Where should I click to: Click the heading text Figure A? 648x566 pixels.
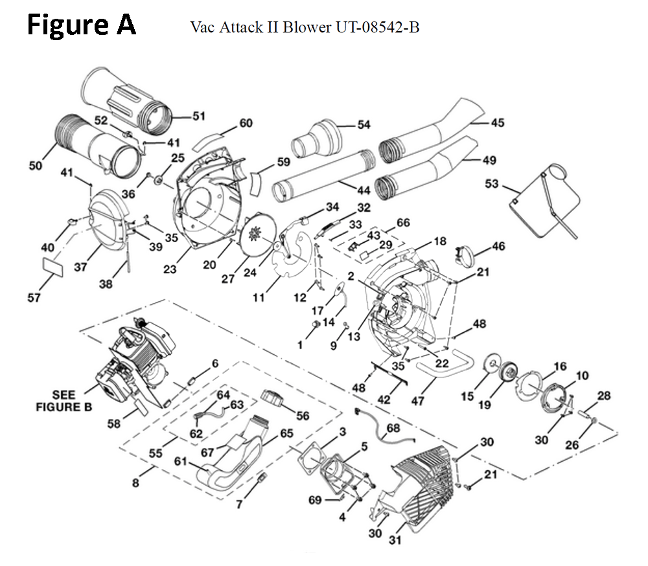pyautogui.click(x=82, y=25)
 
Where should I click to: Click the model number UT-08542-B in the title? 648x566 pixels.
pyautogui.click(x=377, y=27)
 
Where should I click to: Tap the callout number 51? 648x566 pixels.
pyautogui.click(x=199, y=116)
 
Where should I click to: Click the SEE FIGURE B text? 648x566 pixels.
pyautogui.click(x=64, y=401)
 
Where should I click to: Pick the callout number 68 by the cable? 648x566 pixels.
pyautogui.click(x=393, y=428)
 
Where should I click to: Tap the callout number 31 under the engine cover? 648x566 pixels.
pyautogui.click(x=395, y=539)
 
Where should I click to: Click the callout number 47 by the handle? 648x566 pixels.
pyautogui.click(x=417, y=400)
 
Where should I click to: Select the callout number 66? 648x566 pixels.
pyautogui.click(x=403, y=223)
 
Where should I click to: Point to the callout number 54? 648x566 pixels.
pyautogui.click(x=364, y=124)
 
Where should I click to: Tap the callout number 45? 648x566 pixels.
pyautogui.click(x=498, y=122)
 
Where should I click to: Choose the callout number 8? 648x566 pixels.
pyautogui.click(x=135, y=482)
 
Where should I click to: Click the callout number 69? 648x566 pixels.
pyautogui.click(x=315, y=500)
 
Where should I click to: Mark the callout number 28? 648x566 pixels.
pyautogui.click(x=604, y=396)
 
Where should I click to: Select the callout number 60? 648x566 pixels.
pyautogui.click(x=246, y=122)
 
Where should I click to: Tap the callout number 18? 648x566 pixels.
pyautogui.click(x=440, y=241)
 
